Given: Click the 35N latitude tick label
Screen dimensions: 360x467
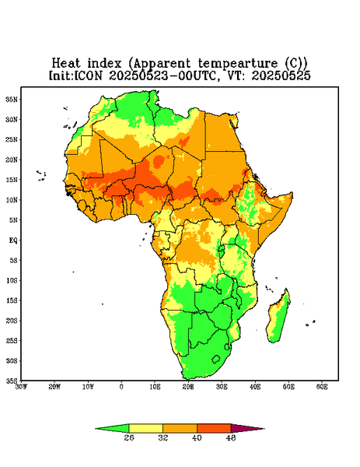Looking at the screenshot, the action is [x=12, y=100].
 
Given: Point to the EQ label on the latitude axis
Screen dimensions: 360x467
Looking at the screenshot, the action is [x=13, y=241].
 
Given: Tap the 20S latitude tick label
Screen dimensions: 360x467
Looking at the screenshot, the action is [x=12, y=321].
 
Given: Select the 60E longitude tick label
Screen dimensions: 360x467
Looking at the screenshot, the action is [x=322, y=387].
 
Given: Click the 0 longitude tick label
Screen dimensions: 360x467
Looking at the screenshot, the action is [x=121, y=387].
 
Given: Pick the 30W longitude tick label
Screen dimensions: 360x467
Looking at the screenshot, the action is [x=22, y=387].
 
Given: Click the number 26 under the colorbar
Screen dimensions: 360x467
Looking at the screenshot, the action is [x=129, y=437].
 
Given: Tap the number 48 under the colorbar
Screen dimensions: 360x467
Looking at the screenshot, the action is [x=231, y=437].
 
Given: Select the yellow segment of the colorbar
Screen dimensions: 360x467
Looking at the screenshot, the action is [x=145, y=428].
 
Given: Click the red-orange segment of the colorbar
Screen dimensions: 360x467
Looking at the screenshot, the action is [x=214, y=428].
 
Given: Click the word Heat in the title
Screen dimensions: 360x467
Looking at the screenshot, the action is [x=66, y=64].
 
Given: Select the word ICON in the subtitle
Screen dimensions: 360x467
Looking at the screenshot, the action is [x=88, y=75].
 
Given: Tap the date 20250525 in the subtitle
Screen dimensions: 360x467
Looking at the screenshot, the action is [x=281, y=75].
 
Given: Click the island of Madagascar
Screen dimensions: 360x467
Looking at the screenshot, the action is [x=278, y=318].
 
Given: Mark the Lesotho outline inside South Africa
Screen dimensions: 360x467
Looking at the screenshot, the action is [x=216, y=359].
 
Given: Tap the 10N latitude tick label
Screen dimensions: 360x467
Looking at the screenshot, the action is [x=12, y=200].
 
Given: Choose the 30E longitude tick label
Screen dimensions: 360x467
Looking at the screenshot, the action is [x=222, y=387].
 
